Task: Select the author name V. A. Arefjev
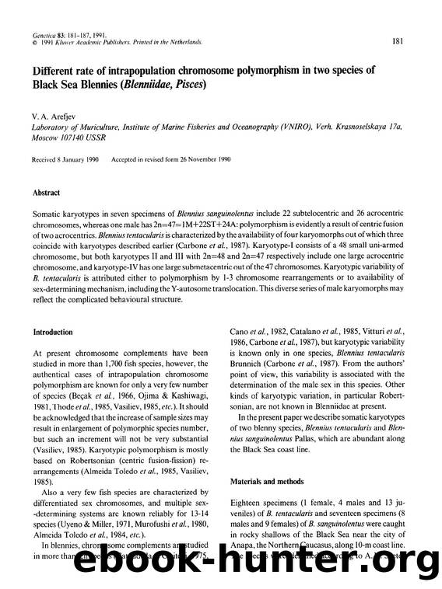tap(52, 114)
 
